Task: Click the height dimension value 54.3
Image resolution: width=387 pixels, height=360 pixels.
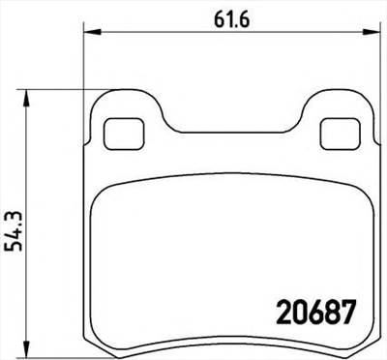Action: tap(15, 229)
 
